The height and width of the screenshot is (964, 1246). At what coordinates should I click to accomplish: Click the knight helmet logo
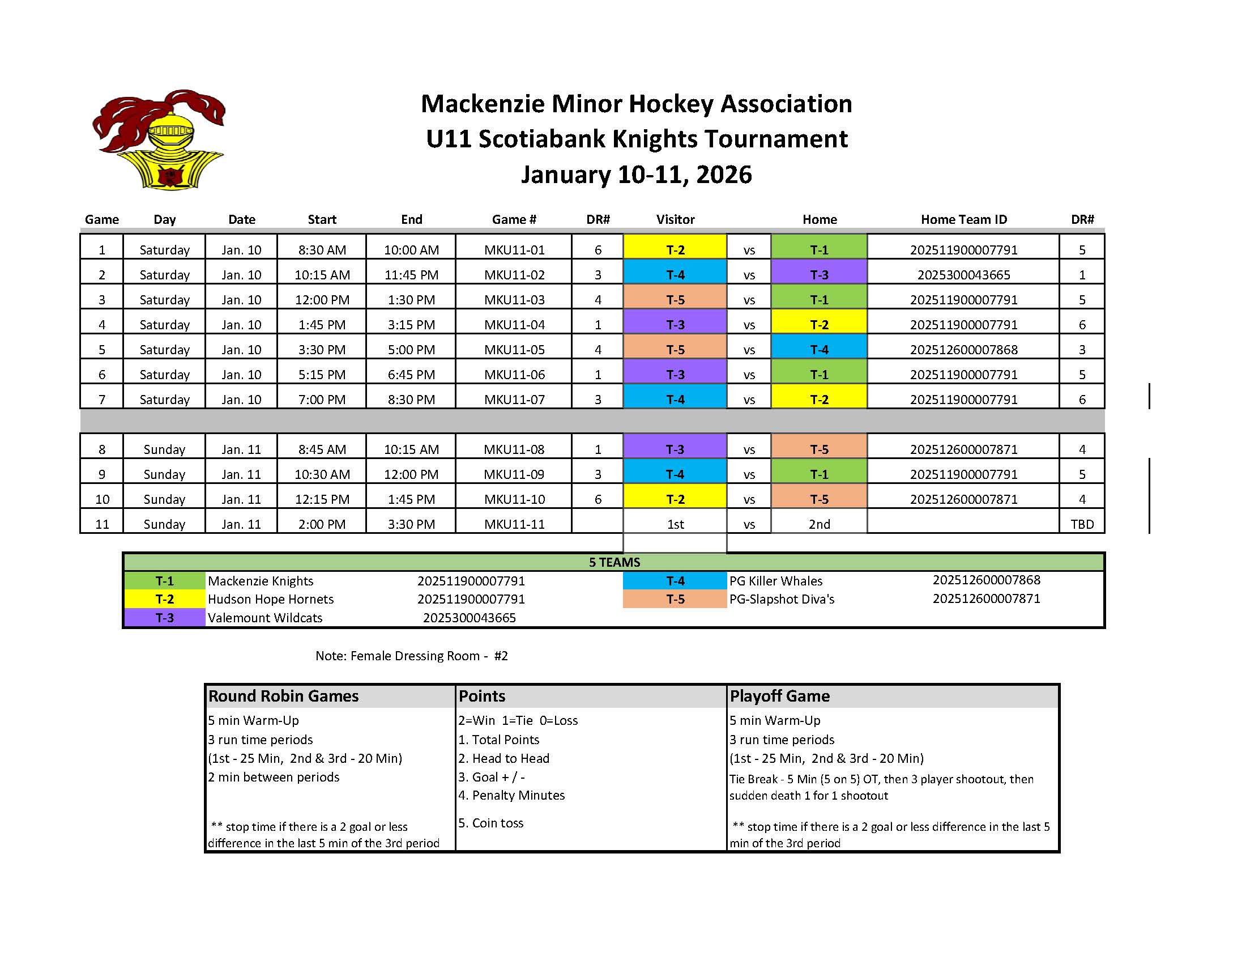(x=158, y=140)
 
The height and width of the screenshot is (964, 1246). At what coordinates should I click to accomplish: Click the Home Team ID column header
(x=963, y=219)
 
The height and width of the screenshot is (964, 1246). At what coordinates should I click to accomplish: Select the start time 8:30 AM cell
(x=322, y=249)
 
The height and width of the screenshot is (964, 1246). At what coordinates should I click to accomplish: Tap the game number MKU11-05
(x=514, y=349)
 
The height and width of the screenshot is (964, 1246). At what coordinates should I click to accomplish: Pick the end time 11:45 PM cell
(x=411, y=274)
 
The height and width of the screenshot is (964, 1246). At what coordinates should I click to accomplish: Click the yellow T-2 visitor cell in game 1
(x=675, y=249)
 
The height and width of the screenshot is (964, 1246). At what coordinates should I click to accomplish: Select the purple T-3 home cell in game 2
(x=819, y=274)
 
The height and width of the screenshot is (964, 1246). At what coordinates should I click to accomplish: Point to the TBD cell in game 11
(x=1082, y=524)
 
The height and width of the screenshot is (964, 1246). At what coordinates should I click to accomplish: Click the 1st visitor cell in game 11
(x=675, y=524)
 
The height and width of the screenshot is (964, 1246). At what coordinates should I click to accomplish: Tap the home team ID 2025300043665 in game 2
(x=963, y=274)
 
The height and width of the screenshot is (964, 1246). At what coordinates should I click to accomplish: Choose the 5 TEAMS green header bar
(x=614, y=562)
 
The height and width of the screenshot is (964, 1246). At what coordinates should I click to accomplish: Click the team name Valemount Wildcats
(x=264, y=618)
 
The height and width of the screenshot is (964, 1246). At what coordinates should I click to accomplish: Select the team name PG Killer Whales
(x=775, y=581)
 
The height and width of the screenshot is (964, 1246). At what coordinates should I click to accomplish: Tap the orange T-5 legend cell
(x=675, y=599)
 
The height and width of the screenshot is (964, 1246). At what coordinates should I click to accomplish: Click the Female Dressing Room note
(x=411, y=656)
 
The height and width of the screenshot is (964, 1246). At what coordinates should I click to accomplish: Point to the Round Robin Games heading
(x=283, y=696)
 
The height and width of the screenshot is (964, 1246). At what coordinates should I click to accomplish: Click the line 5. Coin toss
(x=490, y=823)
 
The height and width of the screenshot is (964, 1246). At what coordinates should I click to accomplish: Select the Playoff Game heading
(x=779, y=696)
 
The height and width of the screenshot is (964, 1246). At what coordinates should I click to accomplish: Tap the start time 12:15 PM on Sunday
(x=322, y=499)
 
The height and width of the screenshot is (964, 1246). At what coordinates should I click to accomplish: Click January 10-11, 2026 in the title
(x=636, y=175)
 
